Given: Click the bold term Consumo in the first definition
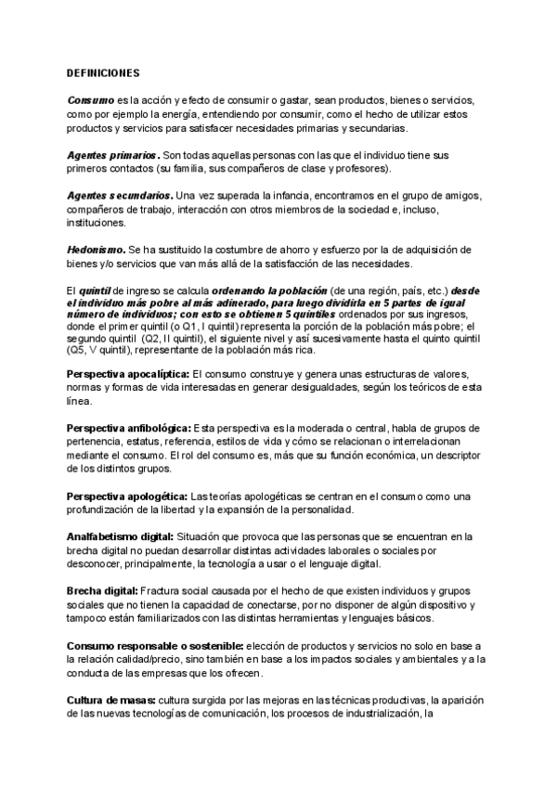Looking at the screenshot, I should tap(90, 99).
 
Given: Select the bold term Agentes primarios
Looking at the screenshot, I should tap(112, 154).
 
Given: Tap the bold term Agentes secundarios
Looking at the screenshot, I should tap(119, 196).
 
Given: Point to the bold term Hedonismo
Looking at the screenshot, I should tap(97, 250).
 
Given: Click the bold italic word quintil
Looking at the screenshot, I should tap(96, 290).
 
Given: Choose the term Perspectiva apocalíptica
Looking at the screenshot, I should tap(128, 373).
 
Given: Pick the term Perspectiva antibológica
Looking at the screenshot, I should tap(128, 428).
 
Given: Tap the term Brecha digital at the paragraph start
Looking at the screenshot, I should tap(102, 590).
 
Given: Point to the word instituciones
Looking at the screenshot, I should tap(97, 223).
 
